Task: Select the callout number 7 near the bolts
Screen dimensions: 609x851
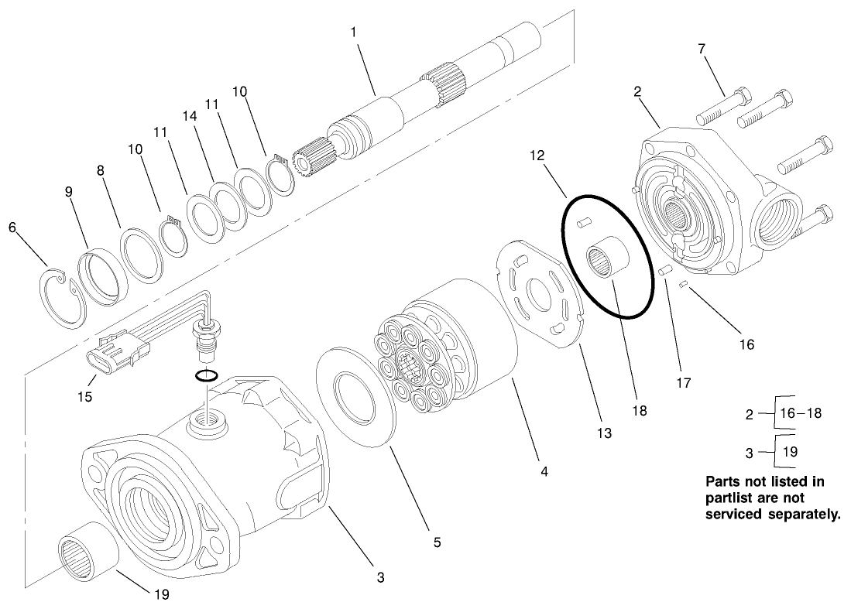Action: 702,50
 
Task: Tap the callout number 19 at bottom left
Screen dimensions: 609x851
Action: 161,594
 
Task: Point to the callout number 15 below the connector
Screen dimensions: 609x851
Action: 84,396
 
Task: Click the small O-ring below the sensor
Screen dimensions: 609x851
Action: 206,376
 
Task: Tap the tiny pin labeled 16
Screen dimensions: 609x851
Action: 684,286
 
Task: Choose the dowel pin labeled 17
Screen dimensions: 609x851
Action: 664,272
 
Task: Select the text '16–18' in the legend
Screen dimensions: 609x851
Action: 800,413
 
